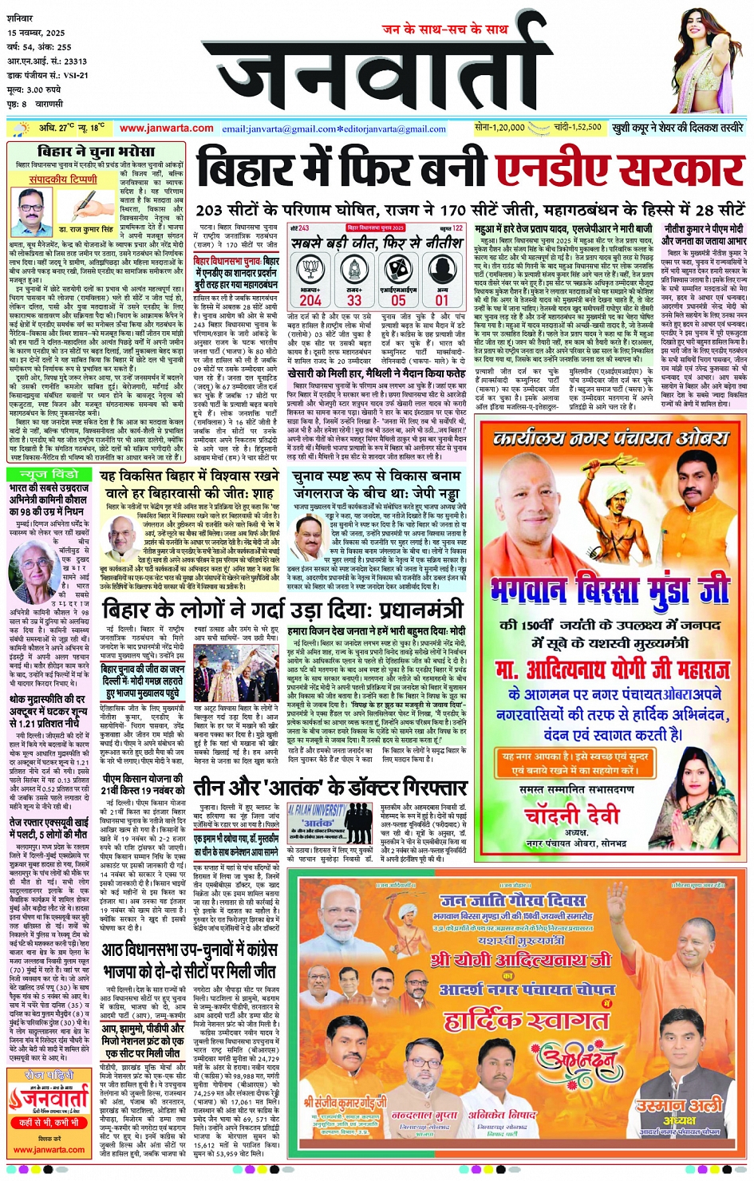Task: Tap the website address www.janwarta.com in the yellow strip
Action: [x=167, y=128]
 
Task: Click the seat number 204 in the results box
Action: [x=310, y=300]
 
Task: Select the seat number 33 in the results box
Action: [x=353, y=300]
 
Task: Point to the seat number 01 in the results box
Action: [x=441, y=300]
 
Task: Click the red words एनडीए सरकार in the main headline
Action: [x=619, y=170]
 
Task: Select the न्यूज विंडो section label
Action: [x=45, y=474]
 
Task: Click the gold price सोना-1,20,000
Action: [x=499, y=128]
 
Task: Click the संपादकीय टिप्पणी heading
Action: [x=63, y=180]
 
